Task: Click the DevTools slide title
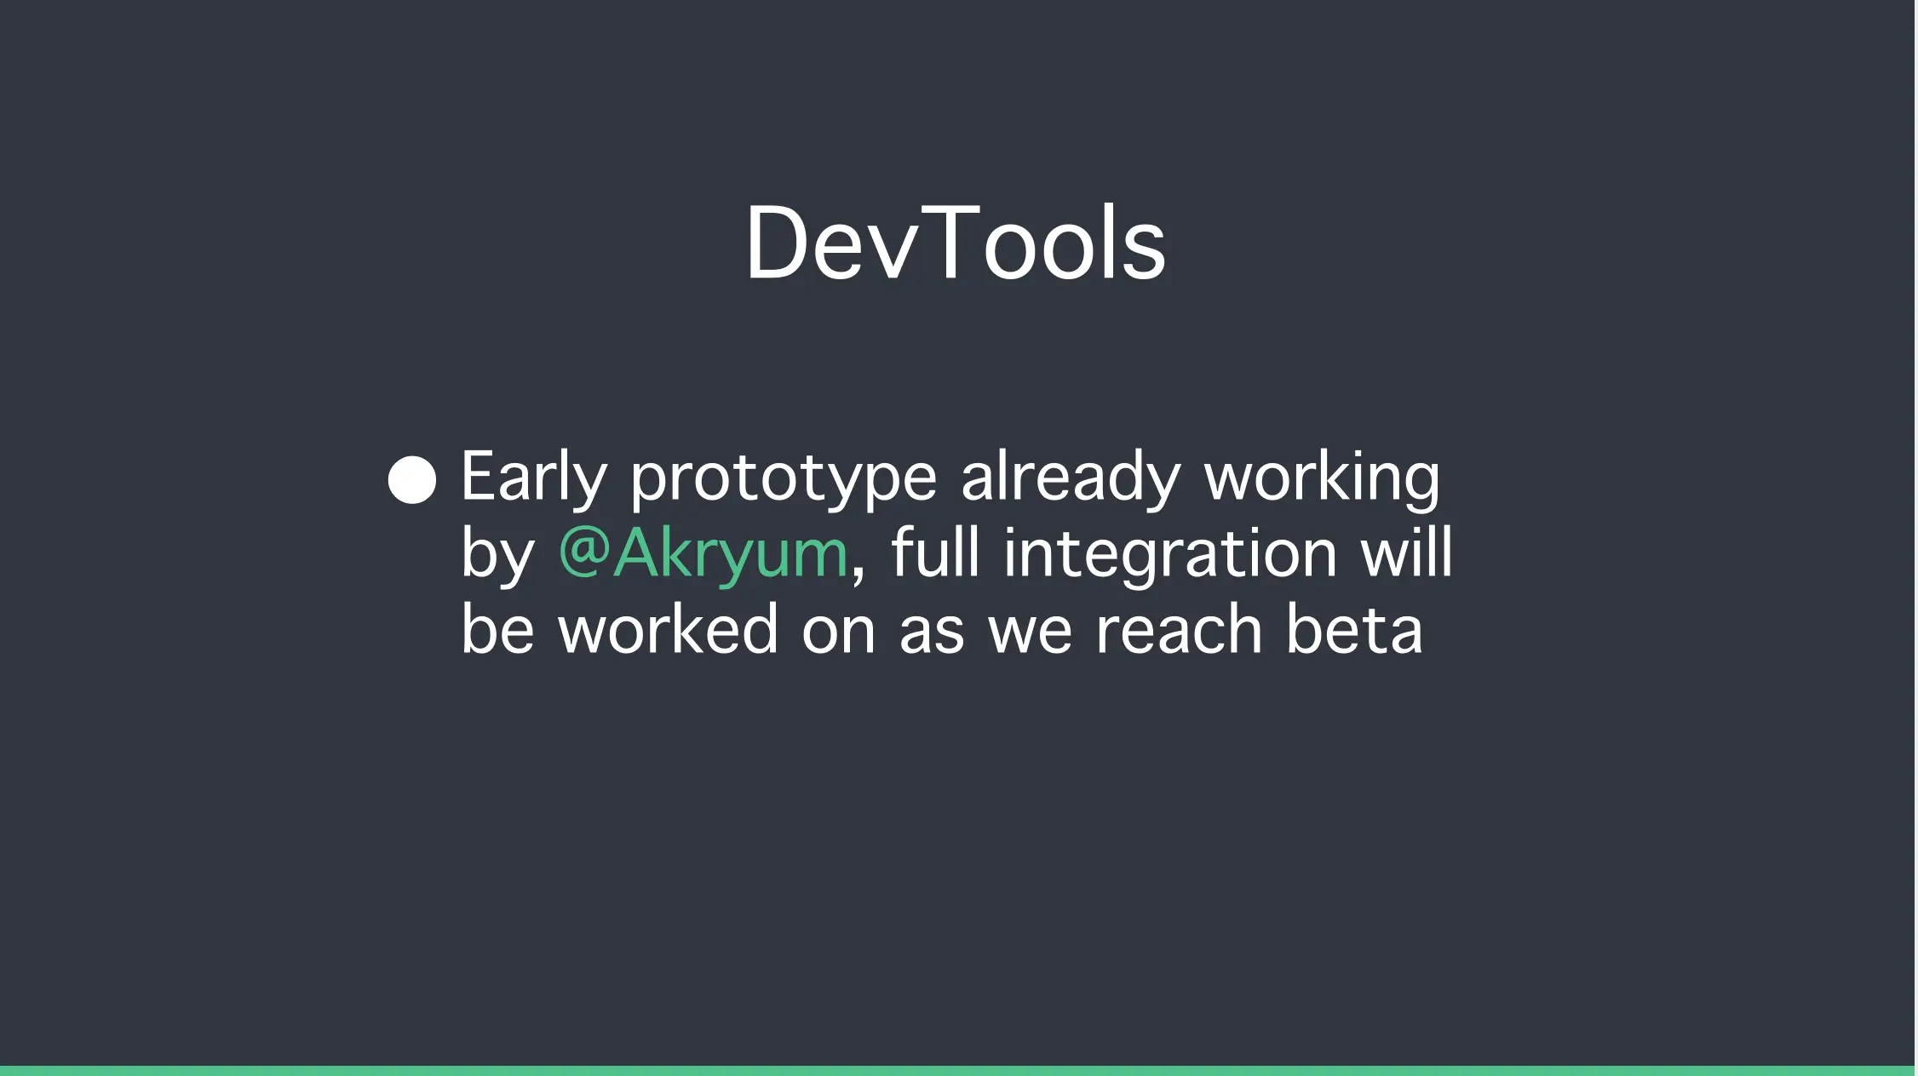coord(956,243)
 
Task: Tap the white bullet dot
coord(412,479)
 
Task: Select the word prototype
coord(784,478)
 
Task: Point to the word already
coord(1071,478)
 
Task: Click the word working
coord(1322,478)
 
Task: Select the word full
coord(935,552)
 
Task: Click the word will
coord(1406,552)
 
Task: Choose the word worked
coord(669,628)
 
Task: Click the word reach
coord(1179,628)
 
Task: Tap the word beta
coord(1354,628)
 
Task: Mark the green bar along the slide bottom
coord(957,1071)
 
